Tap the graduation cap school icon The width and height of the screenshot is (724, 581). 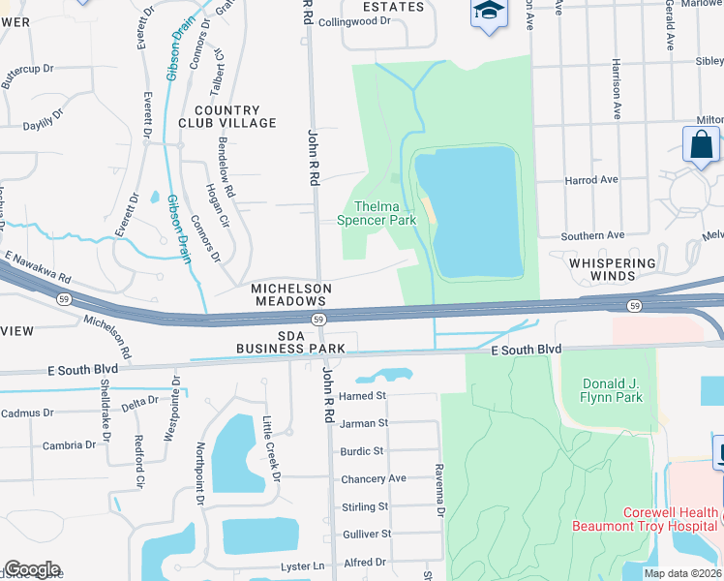pyautogui.click(x=489, y=13)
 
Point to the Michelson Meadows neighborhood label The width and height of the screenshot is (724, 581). pyautogui.click(x=291, y=294)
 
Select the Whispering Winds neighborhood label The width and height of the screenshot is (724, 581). pyautogui.click(x=613, y=269)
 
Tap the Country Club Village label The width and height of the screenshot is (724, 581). pyautogui.click(x=227, y=117)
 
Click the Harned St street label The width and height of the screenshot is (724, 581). pyautogui.click(x=363, y=396)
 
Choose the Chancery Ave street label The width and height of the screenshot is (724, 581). pyautogui.click(x=374, y=478)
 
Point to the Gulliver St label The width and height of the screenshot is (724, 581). pyautogui.click(x=367, y=534)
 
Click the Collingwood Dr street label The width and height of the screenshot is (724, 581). pyautogui.click(x=354, y=20)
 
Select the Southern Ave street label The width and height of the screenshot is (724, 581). pyautogui.click(x=592, y=235)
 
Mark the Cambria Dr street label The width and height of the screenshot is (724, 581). pyautogui.click(x=69, y=445)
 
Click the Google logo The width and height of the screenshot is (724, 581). pyautogui.click(x=32, y=569)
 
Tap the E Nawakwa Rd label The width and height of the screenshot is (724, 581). pyautogui.click(x=39, y=268)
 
